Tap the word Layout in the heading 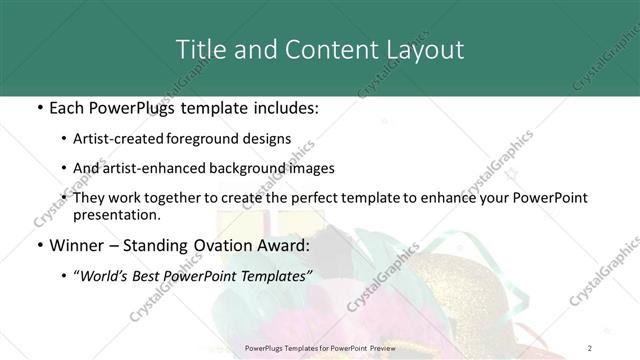click(x=422, y=49)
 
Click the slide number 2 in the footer click(x=590, y=347)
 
